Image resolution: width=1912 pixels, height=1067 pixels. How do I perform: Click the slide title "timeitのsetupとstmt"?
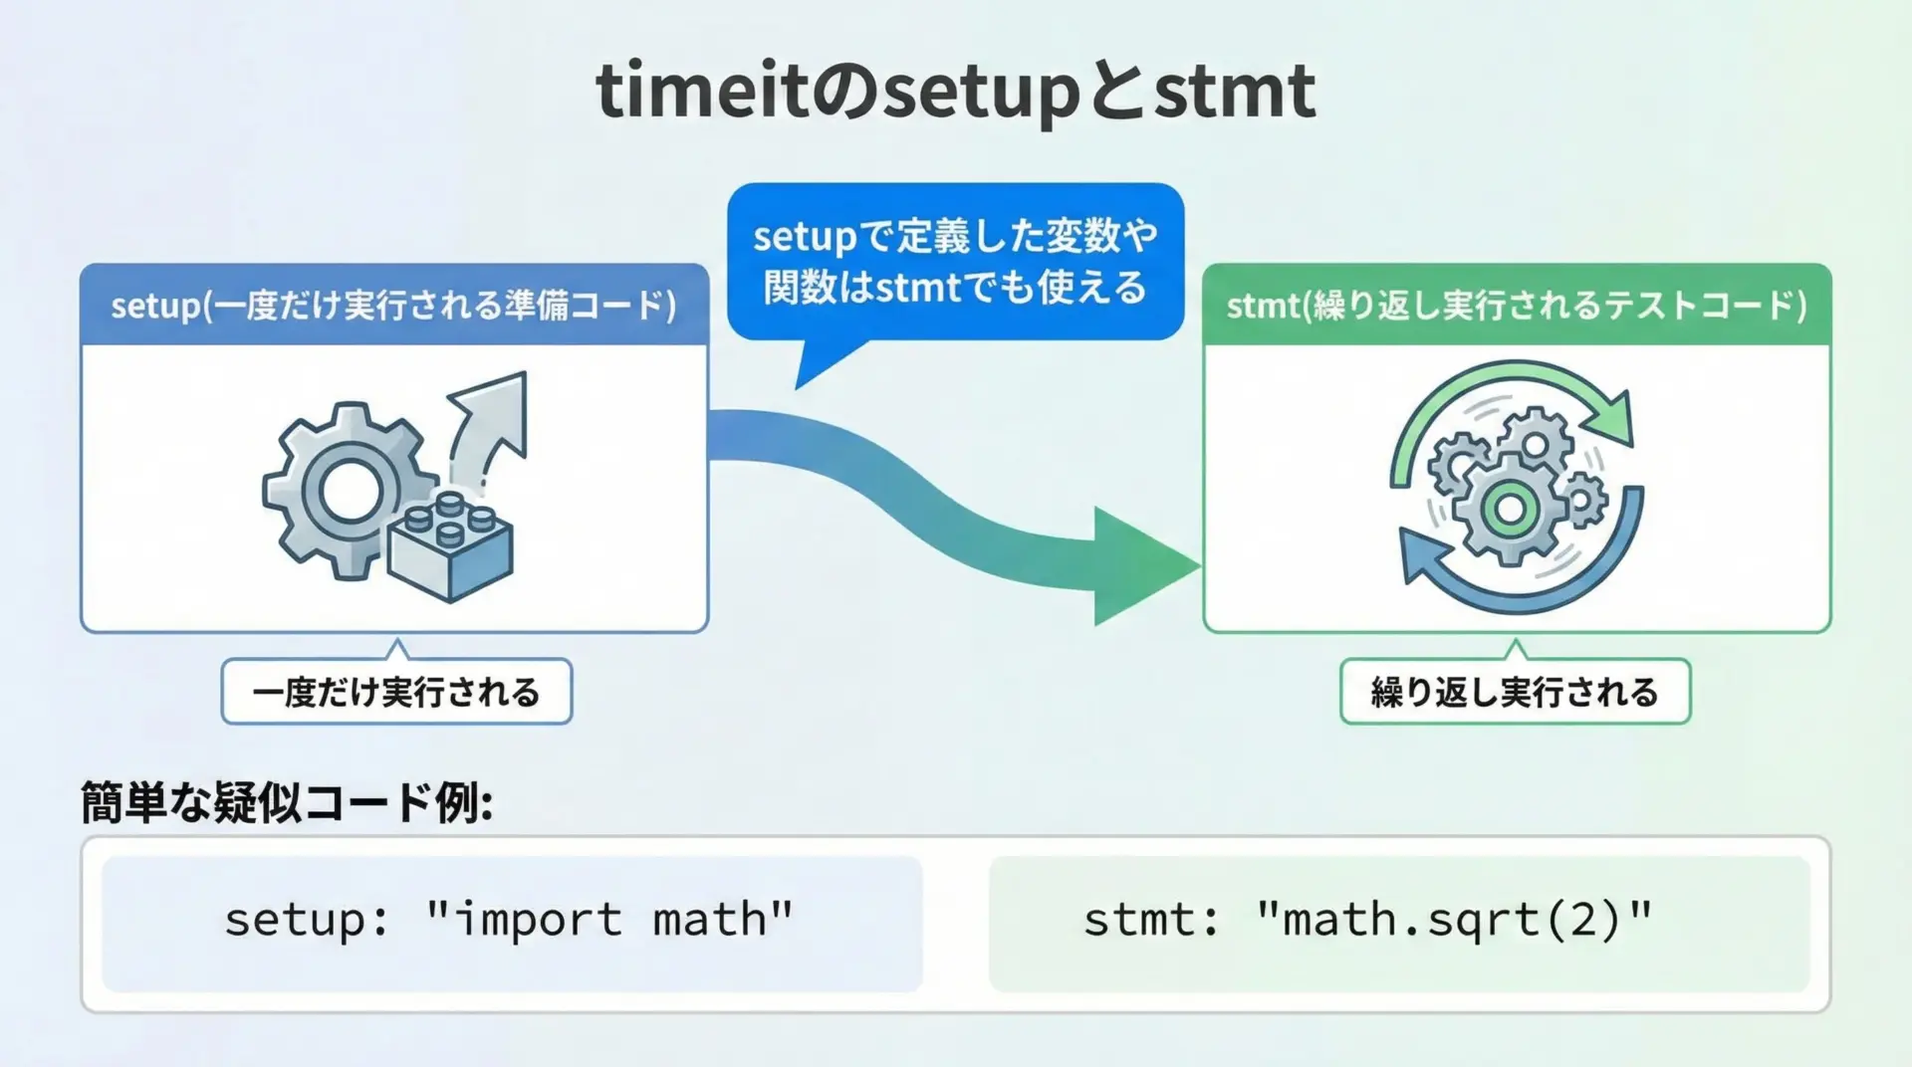pyautogui.click(x=956, y=92)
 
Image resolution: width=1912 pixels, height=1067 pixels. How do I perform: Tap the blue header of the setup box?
pyautogui.click(x=394, y=305)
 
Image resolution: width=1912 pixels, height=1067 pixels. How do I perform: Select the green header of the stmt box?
pyautogui.click(x=1517, y=305)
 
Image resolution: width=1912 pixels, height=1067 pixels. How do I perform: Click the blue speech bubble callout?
pyautogui.click(x=956, y=262)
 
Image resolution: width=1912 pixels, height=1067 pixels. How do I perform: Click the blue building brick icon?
pyautogui.click(x=451, y=546)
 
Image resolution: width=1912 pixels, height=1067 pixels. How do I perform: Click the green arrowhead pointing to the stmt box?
pyautogui.click(x=1145, y=565)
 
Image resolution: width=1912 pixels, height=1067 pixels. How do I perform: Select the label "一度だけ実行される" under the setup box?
pyautogui.click(x=396, y=692)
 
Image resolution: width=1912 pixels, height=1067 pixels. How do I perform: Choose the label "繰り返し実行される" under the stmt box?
pyautogui.click(x=1516, y=692)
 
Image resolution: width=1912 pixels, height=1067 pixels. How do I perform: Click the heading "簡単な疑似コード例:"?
pyautogui.click(x=287, y=802)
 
